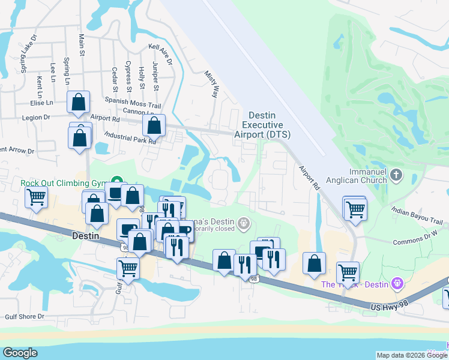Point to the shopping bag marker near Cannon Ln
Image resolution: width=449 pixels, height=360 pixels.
tap(154, 126)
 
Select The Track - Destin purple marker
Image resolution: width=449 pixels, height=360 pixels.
tap(396, 283)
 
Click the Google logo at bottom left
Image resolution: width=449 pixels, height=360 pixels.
tap(20, 352)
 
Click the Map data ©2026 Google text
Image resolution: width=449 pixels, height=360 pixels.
tap(412, 355)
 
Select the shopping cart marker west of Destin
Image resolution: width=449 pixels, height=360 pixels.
tap(37, 197)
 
